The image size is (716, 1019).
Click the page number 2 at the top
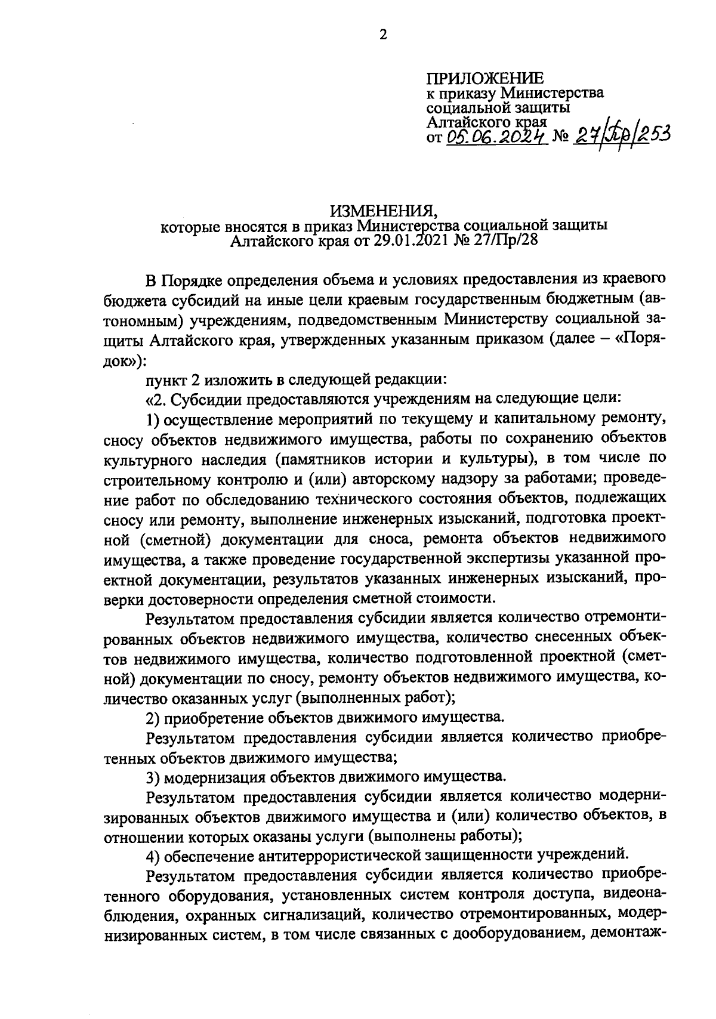pos(383,35)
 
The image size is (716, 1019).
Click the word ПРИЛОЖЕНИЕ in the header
pos(484,78)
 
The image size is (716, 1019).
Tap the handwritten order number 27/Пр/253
pos(619,136)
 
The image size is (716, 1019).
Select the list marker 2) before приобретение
pos(153,717)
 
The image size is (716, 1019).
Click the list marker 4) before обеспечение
pos(153,856)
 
